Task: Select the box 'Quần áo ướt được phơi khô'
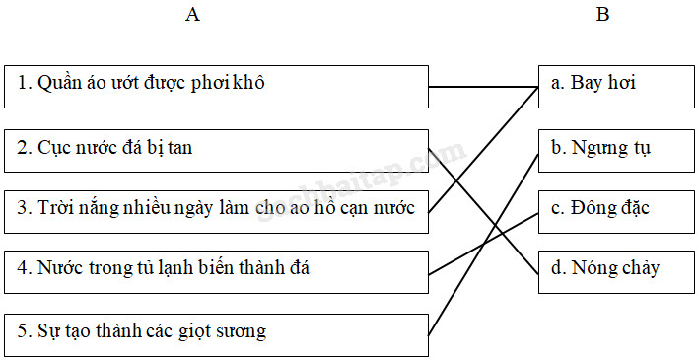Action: [x=216, y=87]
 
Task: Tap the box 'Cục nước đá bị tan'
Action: [x=216, y=149]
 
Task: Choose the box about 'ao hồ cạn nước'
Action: [x=216, y=211]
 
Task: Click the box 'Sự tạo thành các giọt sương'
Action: [x=216, y=333]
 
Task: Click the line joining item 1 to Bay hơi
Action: [x=483, y=87]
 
